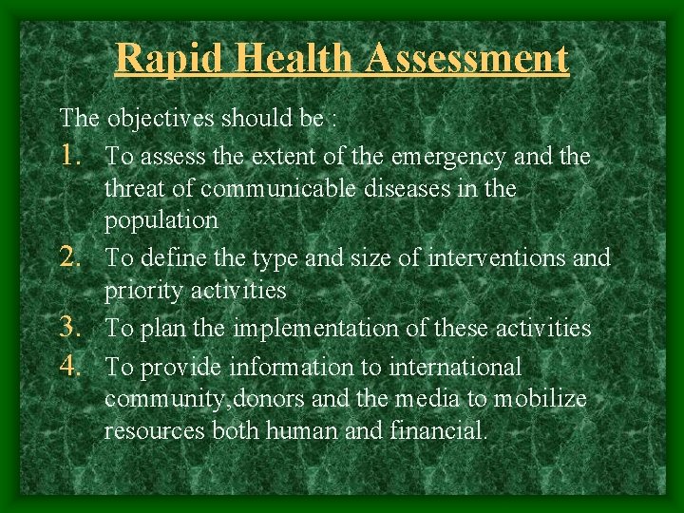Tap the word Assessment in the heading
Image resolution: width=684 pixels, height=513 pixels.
click(x=466, y=58)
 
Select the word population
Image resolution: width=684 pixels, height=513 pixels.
click(x=161, y=221)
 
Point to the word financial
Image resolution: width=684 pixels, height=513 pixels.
click(x=438, y=431)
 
